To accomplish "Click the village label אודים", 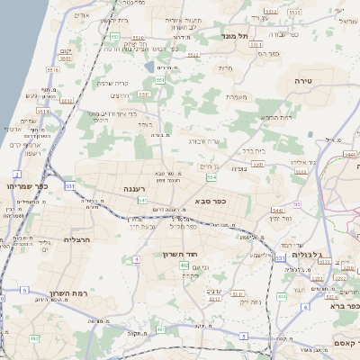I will pyautogui.click(x=80, y=13).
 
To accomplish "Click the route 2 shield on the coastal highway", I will pyautogui.click(x=17, y=173).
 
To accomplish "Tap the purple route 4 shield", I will pyautogui.click(x=136, y=259).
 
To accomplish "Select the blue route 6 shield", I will pyautogui.click(x=305, y=308).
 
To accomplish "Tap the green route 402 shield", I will pyautogui.click(x=184, y=266).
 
